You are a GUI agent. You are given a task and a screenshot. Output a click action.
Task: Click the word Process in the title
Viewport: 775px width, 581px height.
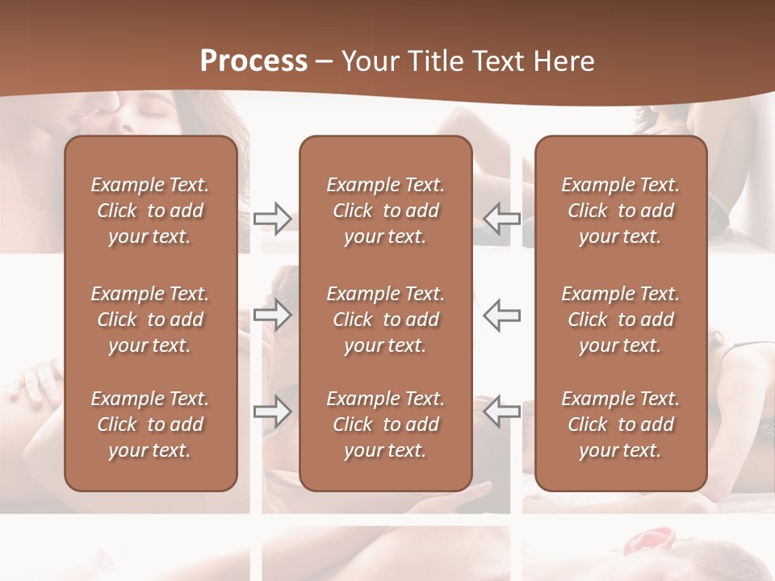tap(253, 61)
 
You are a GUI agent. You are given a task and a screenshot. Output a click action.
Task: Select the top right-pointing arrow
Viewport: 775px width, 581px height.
tap(273, 219)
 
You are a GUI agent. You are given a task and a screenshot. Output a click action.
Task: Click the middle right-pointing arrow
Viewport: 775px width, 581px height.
tap(273, 315)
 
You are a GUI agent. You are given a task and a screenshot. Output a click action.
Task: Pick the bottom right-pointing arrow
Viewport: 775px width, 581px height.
tap(273, 411)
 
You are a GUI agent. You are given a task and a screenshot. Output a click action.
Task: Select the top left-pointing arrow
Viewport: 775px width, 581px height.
tap(502, 219)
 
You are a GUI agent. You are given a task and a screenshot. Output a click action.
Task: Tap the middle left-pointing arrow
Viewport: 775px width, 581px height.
tap(502, 315)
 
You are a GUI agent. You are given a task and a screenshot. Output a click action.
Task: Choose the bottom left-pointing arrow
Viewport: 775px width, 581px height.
tap(502, 411)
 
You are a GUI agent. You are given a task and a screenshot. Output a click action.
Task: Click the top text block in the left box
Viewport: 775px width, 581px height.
tap(150, 211)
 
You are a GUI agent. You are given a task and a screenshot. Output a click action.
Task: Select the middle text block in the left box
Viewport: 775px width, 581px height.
tap(150, 320)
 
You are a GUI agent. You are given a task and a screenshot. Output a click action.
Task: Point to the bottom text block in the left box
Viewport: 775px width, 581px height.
tap(150, 424)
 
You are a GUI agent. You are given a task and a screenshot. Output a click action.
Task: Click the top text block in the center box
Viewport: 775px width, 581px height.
tap(386, 211)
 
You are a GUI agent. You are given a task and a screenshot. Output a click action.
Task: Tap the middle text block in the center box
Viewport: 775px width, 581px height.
tap(386, 320)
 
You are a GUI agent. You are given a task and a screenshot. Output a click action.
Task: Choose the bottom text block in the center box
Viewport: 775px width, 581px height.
tap(386, 424)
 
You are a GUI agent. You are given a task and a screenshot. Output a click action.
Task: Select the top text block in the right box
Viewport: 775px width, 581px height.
tap(621, 211)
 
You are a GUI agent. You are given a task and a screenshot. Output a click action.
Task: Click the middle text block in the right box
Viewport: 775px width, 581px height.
tap(621, 320)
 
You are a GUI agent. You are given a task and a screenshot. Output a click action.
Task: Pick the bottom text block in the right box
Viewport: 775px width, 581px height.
tap(621, 424)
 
